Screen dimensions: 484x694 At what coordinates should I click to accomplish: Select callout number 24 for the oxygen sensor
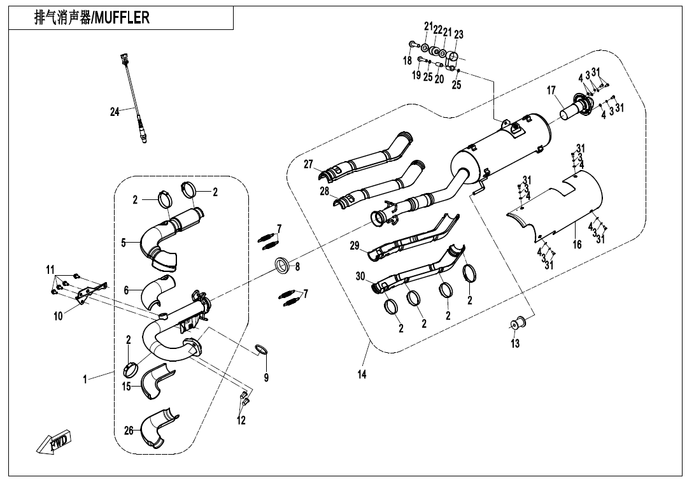click(x=115, y=112)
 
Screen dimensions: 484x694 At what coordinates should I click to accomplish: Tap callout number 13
click(x=515, y=344)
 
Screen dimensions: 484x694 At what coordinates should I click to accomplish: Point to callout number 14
click(x=362, y=374)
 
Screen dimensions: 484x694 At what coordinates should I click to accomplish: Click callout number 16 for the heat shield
click(x=577, y=245)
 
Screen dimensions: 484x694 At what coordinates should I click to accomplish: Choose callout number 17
click(x=552, y=92)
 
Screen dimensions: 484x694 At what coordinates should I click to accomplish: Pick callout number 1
click(x=85, y=380)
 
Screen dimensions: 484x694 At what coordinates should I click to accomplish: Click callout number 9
click(x=266, y=378)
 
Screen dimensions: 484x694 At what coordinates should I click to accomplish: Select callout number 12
click(x=241, y=420)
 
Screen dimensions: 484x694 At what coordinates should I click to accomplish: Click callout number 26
click(x=129, y=431)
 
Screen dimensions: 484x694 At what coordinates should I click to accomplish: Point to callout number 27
click(x=309, y=164)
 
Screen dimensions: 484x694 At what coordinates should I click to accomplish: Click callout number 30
click(x=360, y=276)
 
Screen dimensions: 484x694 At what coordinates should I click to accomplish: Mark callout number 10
click(x=59, y=316)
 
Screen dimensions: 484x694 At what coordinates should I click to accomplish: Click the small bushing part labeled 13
click(x=518, y=323)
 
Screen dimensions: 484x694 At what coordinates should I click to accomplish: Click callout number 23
click(x=458, y=35)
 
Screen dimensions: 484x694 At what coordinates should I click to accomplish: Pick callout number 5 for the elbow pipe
click(x=125, y=242)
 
